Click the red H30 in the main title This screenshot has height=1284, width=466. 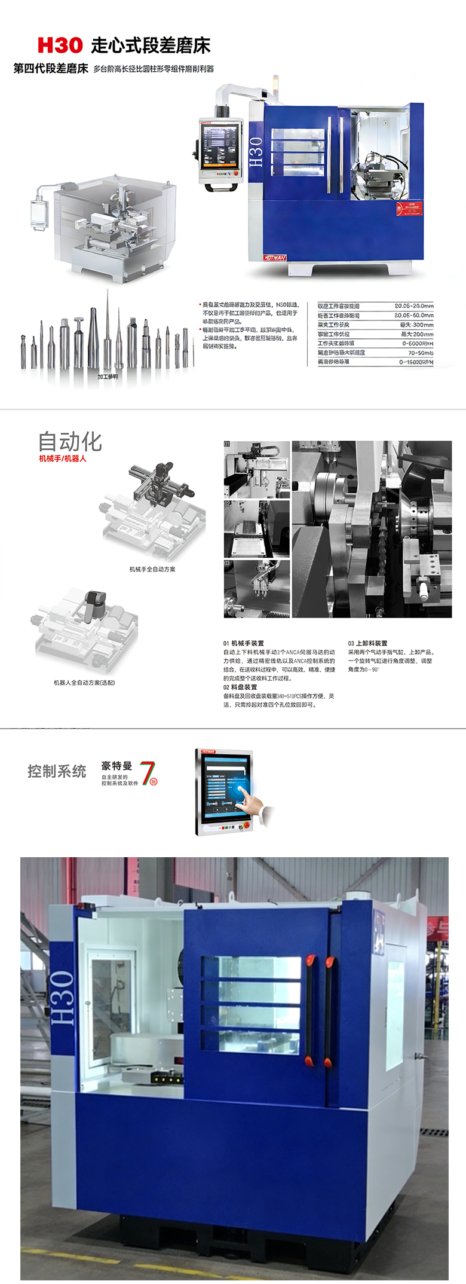click(x=60, y=45)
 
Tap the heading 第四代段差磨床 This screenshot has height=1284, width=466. click(x=51, y=69)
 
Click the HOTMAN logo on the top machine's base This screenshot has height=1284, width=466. click(x=275, y=258)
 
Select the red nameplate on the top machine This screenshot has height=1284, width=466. click(x=409, y=209)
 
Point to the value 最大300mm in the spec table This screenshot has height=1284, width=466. click(x=416, y=325)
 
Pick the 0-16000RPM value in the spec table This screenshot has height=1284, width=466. click(x=416, y=362)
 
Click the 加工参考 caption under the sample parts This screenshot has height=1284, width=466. click(x=108, y=377)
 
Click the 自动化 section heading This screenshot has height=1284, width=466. click(x=70, y=442)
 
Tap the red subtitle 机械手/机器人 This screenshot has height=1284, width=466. click(x=63, y=458)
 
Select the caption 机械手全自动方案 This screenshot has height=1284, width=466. click(x=152, y=569)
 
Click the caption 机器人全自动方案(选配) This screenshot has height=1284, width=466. click(x=84, y=683)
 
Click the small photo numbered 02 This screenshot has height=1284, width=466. click(x=256, y=529)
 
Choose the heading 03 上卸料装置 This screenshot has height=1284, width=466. click(x=367, y=643)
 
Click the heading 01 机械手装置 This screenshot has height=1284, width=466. click(x=243, y=643)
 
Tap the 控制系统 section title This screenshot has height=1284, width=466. click(x=57, y=771)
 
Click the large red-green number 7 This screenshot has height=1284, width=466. click(x=148, y=772)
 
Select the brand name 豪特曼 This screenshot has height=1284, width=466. click(x=116, y=766)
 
